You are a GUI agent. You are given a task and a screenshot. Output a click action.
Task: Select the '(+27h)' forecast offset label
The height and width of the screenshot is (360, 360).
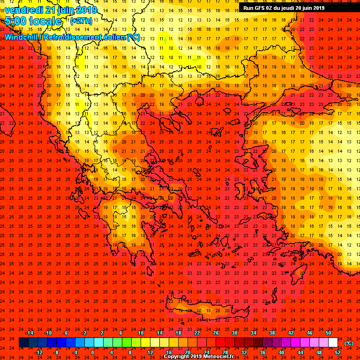81,22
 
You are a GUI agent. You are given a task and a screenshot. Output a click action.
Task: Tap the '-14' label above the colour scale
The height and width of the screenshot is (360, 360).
29,333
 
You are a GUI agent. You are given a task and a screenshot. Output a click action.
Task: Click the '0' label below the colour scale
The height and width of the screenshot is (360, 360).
92,352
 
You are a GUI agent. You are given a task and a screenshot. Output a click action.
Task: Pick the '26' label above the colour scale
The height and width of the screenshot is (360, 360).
216,333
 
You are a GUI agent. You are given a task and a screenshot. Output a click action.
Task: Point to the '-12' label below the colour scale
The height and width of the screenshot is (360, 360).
38,352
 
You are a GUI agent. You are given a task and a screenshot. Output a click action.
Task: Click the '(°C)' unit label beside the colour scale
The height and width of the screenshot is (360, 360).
349,343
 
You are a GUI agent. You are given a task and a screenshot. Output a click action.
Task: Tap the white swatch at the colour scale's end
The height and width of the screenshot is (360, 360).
338,343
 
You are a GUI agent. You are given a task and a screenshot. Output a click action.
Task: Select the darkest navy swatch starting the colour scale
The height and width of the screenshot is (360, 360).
23,343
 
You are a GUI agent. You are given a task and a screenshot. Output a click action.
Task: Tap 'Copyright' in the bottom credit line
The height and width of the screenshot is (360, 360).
176,357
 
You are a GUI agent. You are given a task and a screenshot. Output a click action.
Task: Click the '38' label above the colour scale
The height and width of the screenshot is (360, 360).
272,333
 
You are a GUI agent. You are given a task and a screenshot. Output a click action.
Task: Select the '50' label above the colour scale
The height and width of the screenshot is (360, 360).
329,333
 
